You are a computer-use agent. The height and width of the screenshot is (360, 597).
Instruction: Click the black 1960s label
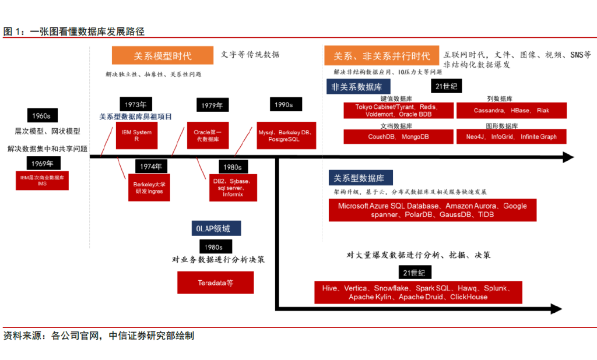click(x=42, y=115)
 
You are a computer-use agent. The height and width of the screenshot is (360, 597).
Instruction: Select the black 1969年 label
click(x=42, y=163)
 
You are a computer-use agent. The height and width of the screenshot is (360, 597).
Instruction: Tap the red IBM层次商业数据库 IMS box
click(x=42, y=179)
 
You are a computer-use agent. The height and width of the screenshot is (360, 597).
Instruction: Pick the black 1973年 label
click(x=135, y=105)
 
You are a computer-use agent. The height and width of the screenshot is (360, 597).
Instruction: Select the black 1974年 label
click(x=150, y=167)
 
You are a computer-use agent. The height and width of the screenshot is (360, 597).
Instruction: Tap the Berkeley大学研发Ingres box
click(x=150, y=188)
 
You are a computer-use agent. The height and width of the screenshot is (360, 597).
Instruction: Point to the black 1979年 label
click(x=211, y=105)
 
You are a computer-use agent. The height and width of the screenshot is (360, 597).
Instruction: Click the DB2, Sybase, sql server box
click(x=233, y=188)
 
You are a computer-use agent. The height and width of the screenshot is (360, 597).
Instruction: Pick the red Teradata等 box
click(x=215, y=284)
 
